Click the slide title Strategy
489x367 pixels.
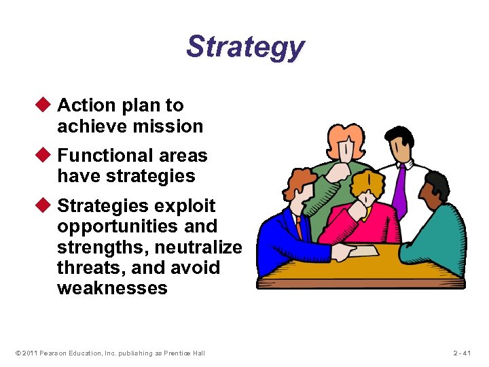click(245, 48)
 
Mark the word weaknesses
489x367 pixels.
click(112, 288)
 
